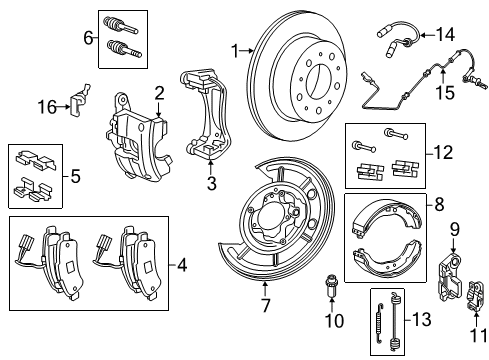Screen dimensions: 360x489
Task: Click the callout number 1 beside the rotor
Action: click(x=236, y=49)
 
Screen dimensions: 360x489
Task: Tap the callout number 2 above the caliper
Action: click(x=158, y=93)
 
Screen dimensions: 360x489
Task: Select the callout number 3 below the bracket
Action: click(x=212, y=183)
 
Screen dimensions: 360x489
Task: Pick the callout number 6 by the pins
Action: click(x=88, y=39)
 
